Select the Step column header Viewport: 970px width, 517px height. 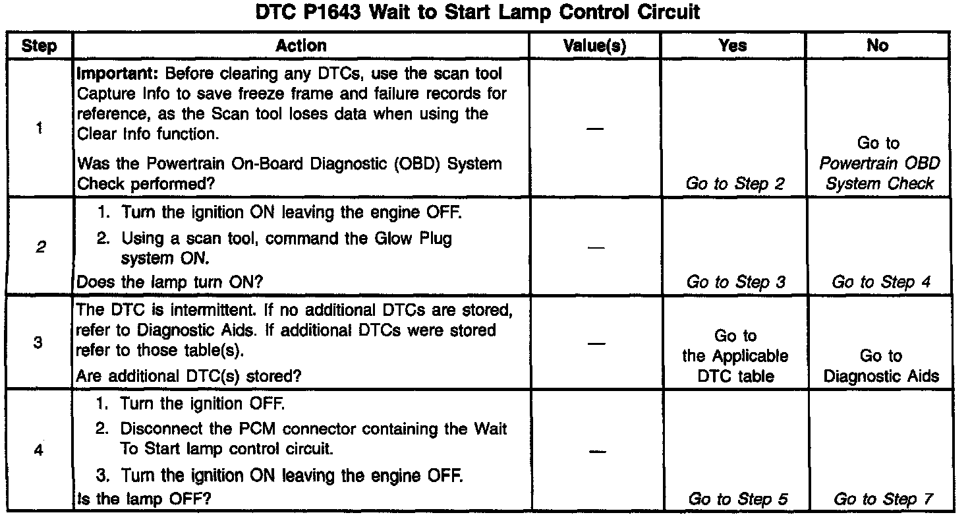(x=39, y=46)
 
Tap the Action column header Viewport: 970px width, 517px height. (x=300, y=46)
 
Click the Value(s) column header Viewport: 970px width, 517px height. (x=594, y=46)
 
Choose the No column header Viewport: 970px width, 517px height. (x=878, y=46)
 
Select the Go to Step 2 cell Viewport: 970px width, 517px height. (x=735, y=184)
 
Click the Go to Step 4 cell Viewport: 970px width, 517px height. (x=881, y=282)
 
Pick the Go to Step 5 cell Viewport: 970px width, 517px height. (x=737, y=499)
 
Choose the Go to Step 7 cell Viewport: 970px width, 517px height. (x=883, y=499)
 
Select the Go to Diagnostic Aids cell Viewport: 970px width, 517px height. (x=881, y=367)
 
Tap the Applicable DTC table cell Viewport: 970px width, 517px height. (x=735, y=357)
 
